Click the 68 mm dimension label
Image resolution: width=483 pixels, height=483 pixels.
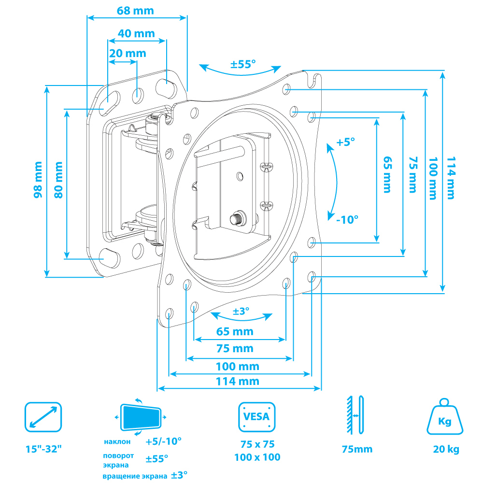pos(135,11)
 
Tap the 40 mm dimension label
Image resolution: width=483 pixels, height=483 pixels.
pos(136,34)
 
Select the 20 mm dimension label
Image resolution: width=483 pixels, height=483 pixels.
pos(128,53)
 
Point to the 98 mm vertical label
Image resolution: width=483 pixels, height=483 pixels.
pos(38,180)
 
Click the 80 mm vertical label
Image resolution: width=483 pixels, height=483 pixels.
pos(58,180)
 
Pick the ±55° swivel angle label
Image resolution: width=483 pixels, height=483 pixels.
pos(243,64)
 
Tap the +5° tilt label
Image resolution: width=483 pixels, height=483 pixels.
pos(346,142)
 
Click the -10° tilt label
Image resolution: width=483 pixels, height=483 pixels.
pos(347,220)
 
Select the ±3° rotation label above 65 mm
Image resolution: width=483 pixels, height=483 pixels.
pos(241,311)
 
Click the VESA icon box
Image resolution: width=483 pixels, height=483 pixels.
pos(256,417)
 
